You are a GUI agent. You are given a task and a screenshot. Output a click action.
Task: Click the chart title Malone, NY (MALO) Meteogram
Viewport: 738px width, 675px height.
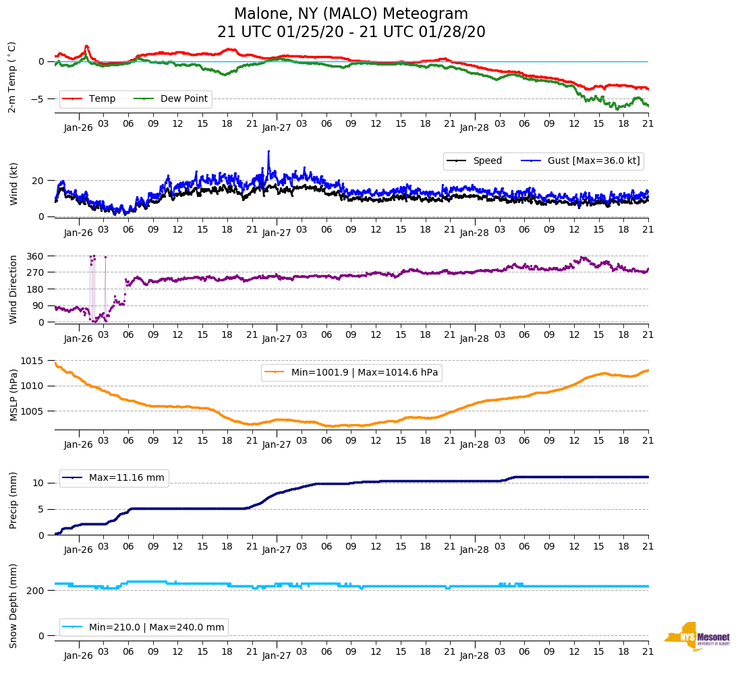351,14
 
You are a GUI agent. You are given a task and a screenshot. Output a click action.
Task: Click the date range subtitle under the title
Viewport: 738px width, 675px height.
351,32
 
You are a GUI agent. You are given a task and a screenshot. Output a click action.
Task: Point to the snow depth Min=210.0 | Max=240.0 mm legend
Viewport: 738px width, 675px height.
156,628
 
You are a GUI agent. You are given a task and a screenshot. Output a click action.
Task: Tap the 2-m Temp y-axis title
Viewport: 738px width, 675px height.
12,77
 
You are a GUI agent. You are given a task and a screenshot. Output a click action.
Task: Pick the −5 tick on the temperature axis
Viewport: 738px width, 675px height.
40,99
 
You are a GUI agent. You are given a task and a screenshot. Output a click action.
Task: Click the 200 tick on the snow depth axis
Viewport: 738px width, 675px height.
36,591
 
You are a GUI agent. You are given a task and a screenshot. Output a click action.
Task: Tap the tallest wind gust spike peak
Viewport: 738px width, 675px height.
268,152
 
